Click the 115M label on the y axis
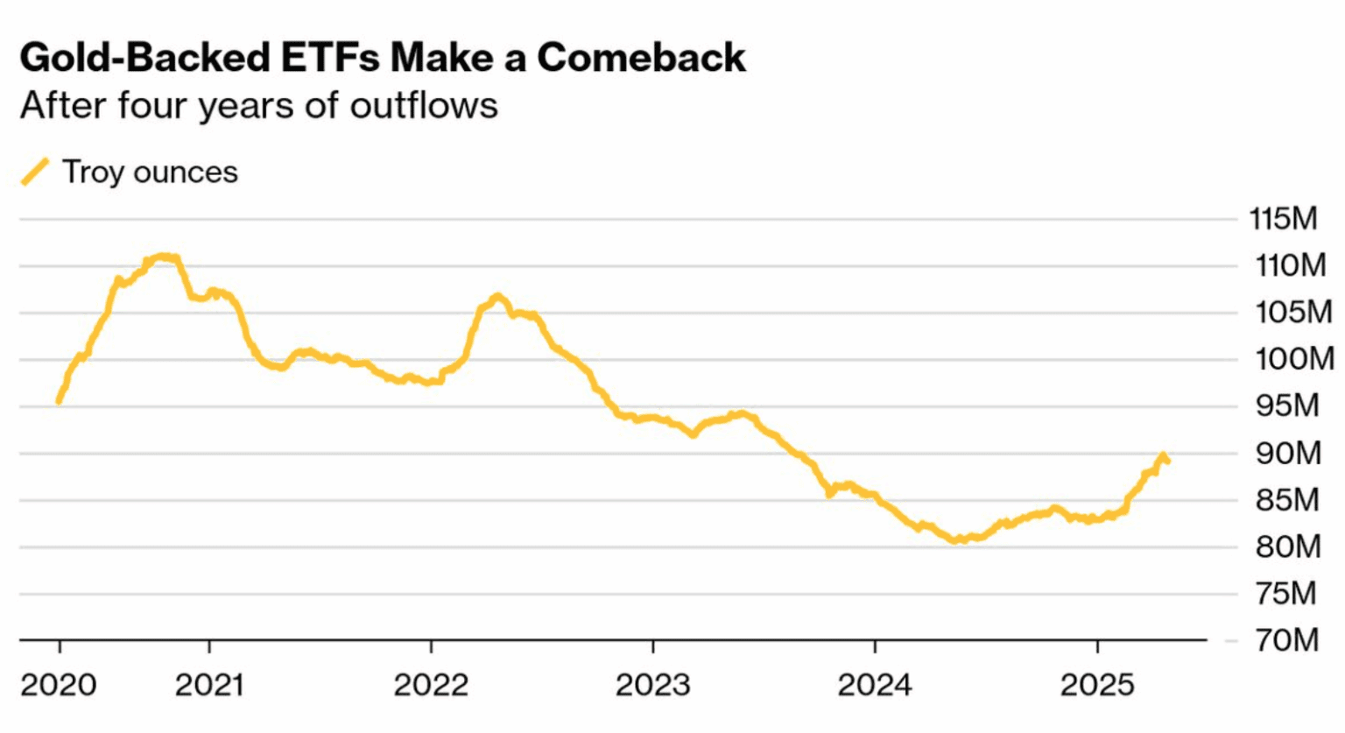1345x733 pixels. pyautogui.click(x=1283, y=218)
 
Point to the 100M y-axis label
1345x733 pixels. pyautogui.click(x=1294, y=359)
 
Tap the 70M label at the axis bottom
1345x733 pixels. pyautogui.click(x=1286, y=640)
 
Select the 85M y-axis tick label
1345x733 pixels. pyautogui.click(x=1286, y=500)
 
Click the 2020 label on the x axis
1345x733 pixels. pyautogui.click(x=58, y=685)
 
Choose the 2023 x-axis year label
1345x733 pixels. pyautogui.click(x=652, y=685)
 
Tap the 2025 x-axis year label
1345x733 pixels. pyautogui.click(x=1097, y=685)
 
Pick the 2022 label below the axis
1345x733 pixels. pyautogui.click(x=431, y=685)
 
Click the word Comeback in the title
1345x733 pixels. pyautogui.click(x=641, y=58)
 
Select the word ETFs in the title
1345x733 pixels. pyautogui.click(x=330, y=58)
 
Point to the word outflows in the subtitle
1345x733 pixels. pyautogui.click(x=424, y=106)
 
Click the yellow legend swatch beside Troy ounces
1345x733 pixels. pyautogui.click(x=35, y=172)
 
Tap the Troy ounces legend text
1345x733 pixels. pyautogui.click(x=150, y=173)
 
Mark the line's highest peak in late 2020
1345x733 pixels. pyautogui.click(x=164, y=257)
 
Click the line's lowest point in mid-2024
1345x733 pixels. pyautogui.click(x=956, y=540)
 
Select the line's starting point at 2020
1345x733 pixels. pyautogui.click(x=59, y=401)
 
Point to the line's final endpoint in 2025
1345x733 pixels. pyautogui.click(x=1168, y=462)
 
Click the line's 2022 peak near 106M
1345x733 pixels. pyautogui.click(x=497, y=297)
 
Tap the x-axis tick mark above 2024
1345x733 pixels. pyautogui.click(x=875, y=646)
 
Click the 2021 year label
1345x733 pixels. pyautogui.click(x=208, y=685)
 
